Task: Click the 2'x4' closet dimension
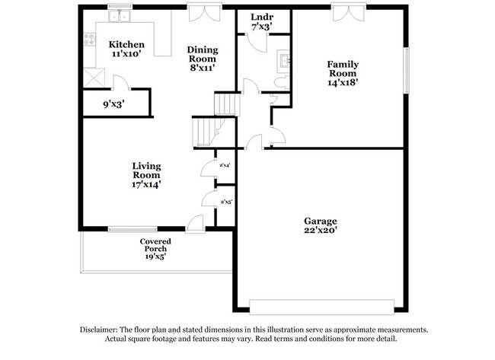tap(225, 165)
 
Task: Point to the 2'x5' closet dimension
tap(225, 202)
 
